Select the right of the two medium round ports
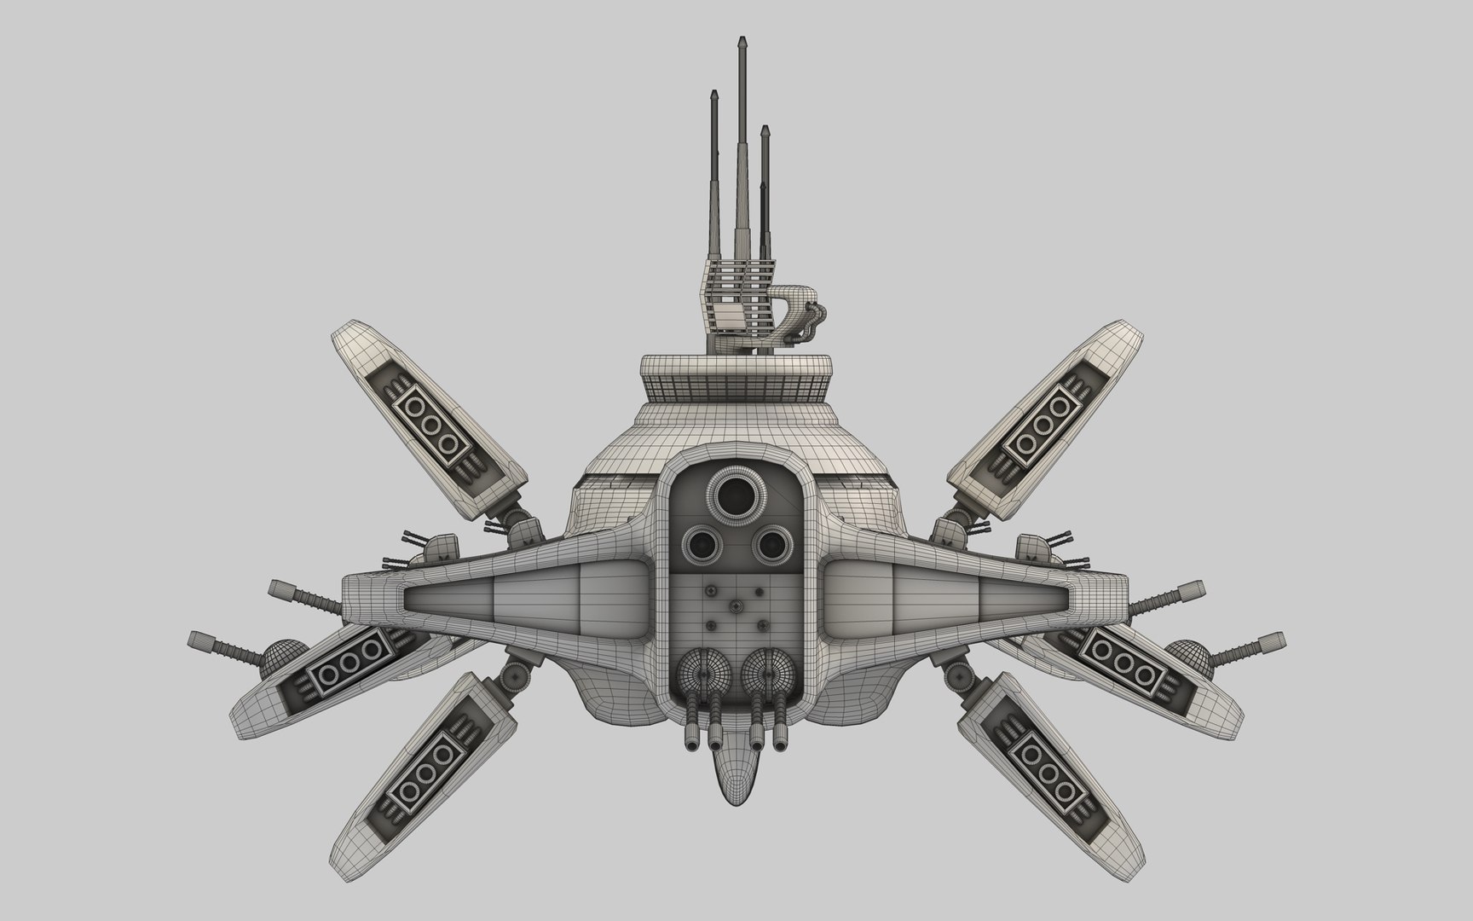[x=770, y=542]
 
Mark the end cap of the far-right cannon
[x=1277, y=640]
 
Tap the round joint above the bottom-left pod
[x=514, y=675]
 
